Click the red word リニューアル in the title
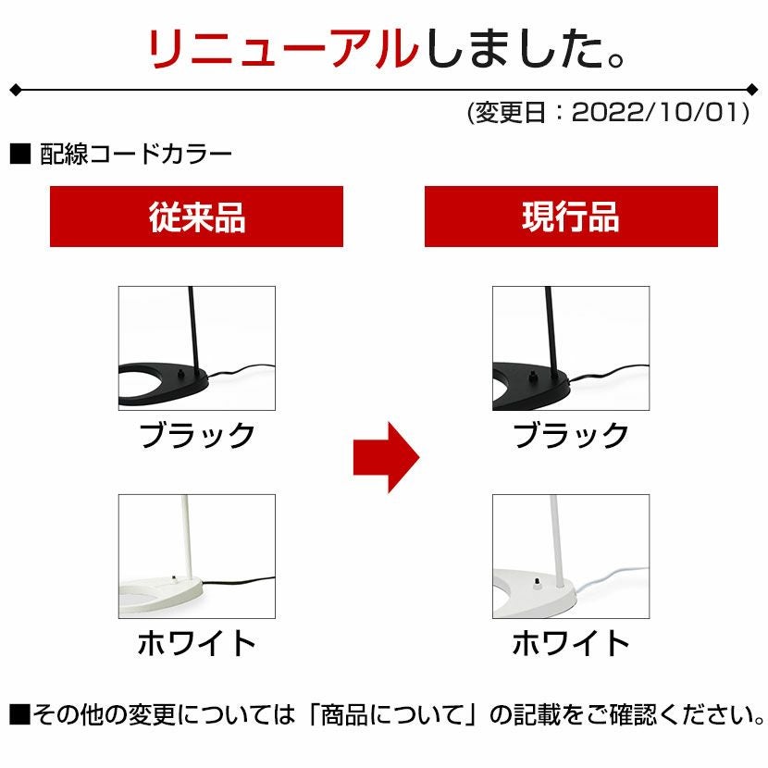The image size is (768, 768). point(283,48)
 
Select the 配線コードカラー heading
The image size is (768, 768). point(136,155)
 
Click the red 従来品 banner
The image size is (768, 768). point(196,217)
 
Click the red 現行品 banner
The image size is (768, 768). point(571,217)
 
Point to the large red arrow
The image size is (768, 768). point(387,457)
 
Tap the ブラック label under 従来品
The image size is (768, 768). point(197,436)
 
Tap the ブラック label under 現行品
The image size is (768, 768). point(571,436)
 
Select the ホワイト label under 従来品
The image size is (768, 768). point(197,643)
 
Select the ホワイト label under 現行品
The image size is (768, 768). point(571,643)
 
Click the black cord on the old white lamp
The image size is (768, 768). point(239,581)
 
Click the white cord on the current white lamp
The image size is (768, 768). point(613,578)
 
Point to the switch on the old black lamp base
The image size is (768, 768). point(182,374)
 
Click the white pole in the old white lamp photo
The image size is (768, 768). point(186,537)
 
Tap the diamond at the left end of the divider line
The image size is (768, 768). point(16,90)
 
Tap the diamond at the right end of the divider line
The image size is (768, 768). point(752,90)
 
